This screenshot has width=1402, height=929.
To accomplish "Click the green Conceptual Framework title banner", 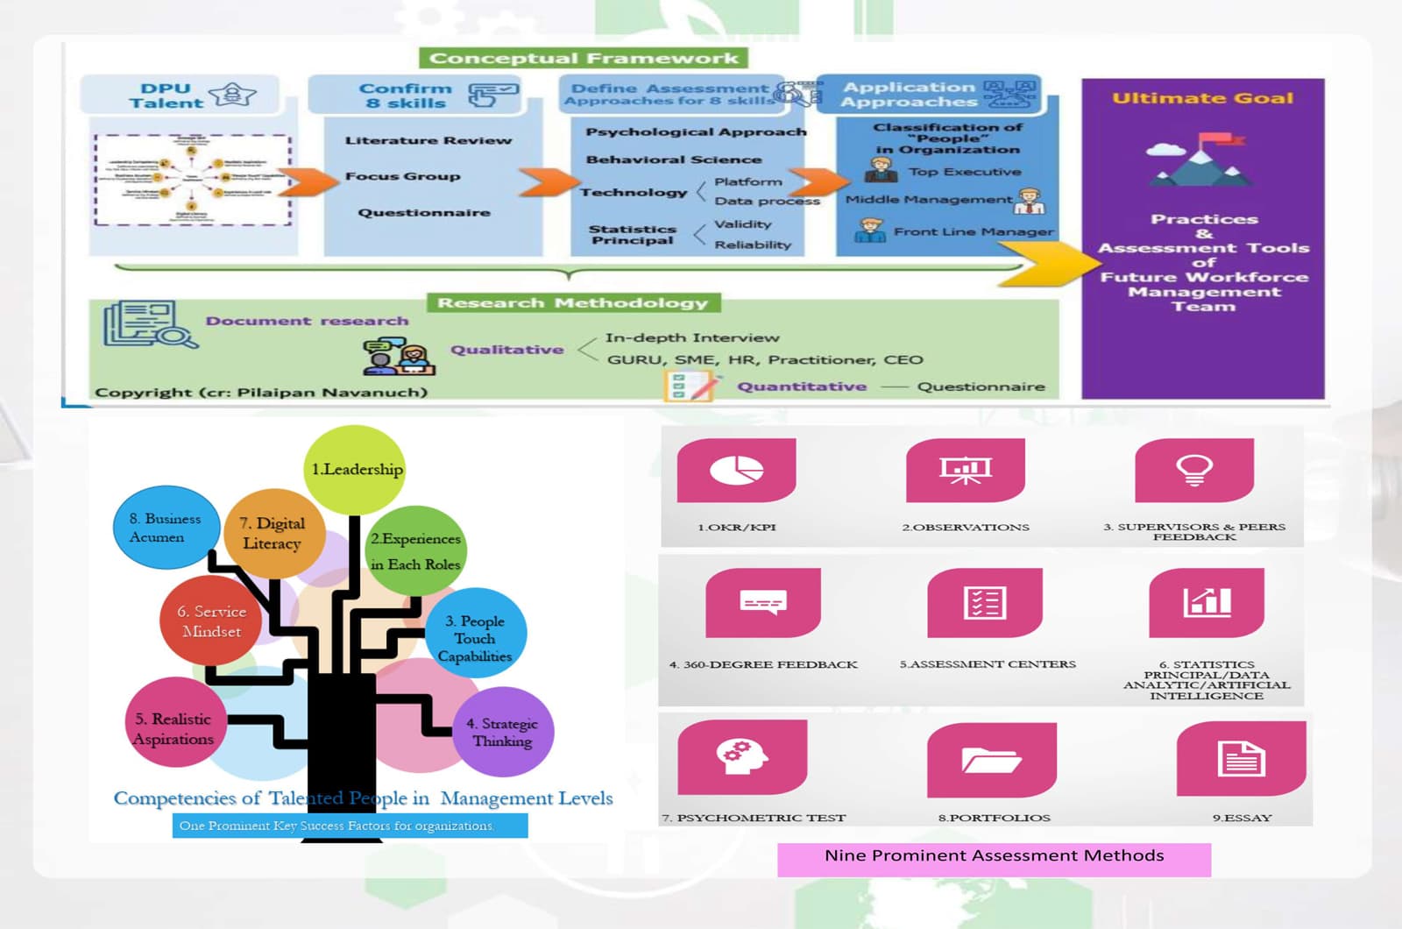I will pos(584,59).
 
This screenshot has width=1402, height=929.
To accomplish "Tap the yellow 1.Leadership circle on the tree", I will pos(356,470).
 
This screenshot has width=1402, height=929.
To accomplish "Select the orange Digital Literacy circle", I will pos(273,533).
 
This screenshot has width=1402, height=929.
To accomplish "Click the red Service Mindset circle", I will pos(211,621).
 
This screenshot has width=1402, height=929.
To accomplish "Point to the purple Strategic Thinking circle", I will pos(503,732).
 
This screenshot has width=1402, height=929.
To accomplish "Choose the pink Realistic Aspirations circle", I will pos(174,727).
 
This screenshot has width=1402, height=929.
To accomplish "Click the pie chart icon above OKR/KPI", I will pos(736,470).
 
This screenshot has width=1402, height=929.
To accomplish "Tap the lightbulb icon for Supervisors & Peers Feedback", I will pos(1193,470).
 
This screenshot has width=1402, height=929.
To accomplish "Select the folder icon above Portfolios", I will pos(991,759).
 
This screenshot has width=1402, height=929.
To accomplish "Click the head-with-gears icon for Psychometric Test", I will pos(741,755).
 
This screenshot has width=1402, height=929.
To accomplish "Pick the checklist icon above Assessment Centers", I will pos(984,603).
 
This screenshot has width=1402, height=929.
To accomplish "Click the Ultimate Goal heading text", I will pos(1202,98).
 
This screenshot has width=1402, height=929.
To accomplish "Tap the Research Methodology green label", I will pos(573,303).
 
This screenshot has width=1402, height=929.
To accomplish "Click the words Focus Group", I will pos(402,176).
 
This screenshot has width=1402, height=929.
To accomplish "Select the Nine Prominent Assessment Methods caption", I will pos(994,856).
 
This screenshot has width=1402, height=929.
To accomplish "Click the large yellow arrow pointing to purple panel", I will pos(1051,262).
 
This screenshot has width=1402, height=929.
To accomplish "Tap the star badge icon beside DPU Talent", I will pos(232,94).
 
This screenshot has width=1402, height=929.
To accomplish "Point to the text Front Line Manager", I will pos(973,231).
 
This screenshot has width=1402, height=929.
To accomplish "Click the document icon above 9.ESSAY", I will pos(1240,759).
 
